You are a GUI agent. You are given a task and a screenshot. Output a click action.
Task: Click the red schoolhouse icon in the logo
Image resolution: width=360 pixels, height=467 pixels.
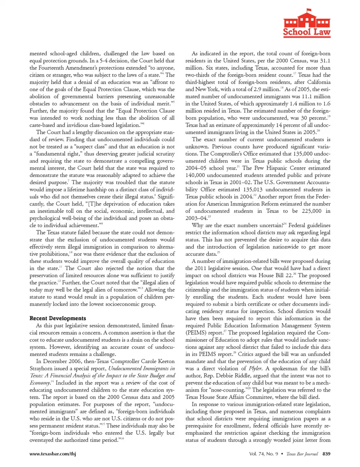pos(307,20)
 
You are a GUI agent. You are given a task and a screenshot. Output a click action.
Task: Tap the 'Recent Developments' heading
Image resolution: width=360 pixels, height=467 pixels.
pos(58,318)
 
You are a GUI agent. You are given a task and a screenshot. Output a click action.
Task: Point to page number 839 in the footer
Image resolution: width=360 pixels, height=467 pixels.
pos(326,453)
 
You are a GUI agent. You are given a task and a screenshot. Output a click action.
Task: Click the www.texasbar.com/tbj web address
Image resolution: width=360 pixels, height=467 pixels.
pos(52,453)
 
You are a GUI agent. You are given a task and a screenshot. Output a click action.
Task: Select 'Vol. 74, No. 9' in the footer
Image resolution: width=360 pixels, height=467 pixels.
pos(264,453)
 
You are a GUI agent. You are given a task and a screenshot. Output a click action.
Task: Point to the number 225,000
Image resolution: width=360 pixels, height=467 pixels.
pos(311,211)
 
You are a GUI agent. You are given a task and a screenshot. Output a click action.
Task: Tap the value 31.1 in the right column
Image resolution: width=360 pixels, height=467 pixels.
pos(325,61)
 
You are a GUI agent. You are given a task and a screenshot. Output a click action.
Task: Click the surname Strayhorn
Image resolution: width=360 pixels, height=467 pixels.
pos(43,368)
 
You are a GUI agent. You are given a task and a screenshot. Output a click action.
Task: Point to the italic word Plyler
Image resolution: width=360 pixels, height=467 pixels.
pos(255,368)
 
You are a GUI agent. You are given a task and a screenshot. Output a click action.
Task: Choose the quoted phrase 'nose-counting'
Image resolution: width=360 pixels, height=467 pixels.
pos(228,390)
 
